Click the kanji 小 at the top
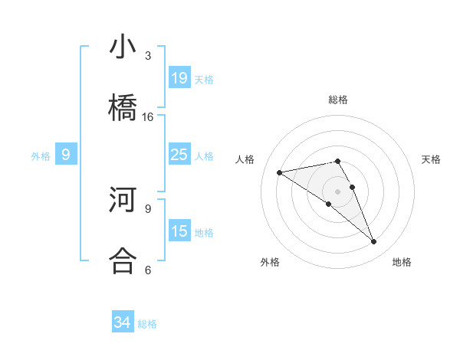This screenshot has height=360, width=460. [x=123, y=48]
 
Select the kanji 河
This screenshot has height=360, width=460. [x=123, y=201]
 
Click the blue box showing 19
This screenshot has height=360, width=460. [x=179, y=77]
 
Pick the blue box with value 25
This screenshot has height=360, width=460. [x=179, y=155]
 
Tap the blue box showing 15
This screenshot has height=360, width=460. [x=179, y=231]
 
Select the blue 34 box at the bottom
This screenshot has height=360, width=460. [x=123, y=322]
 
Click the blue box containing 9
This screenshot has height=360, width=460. [x=66, y=155]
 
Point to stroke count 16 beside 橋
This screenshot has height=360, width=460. [x=148, y=117]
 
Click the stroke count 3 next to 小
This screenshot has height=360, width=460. [x=148, y=56]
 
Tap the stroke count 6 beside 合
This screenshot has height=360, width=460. [x=148, y=270]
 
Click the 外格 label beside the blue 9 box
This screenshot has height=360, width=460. [x=41, y=155]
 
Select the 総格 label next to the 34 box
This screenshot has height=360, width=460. [x=147, y=324]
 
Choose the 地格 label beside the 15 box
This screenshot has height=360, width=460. [x=204, y=232]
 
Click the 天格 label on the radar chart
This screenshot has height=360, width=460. [x=432, y=159]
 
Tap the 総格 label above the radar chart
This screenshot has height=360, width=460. [x=338, y=100]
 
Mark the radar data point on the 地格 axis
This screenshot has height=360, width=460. [x=374, y=242]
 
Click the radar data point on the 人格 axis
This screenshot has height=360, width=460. [x=279, y=172]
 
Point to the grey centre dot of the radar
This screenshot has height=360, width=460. [x=338, y=191]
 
